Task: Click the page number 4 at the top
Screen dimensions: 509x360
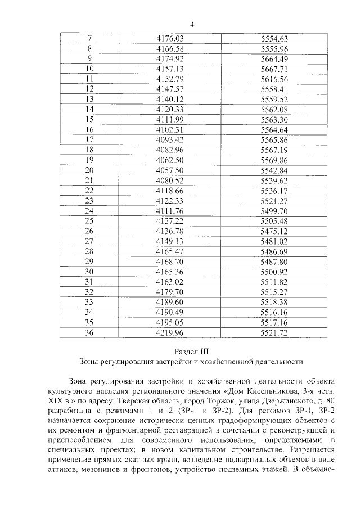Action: tap(192, 24)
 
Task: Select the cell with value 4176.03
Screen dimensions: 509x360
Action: tap(170, 39)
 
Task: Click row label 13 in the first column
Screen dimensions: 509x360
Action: tap(89, 99)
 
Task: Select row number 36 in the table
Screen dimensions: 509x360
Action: tap(89, 332)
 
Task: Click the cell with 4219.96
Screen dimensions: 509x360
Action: tap(170, 332)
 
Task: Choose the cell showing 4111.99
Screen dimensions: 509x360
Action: tap(170, 119)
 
